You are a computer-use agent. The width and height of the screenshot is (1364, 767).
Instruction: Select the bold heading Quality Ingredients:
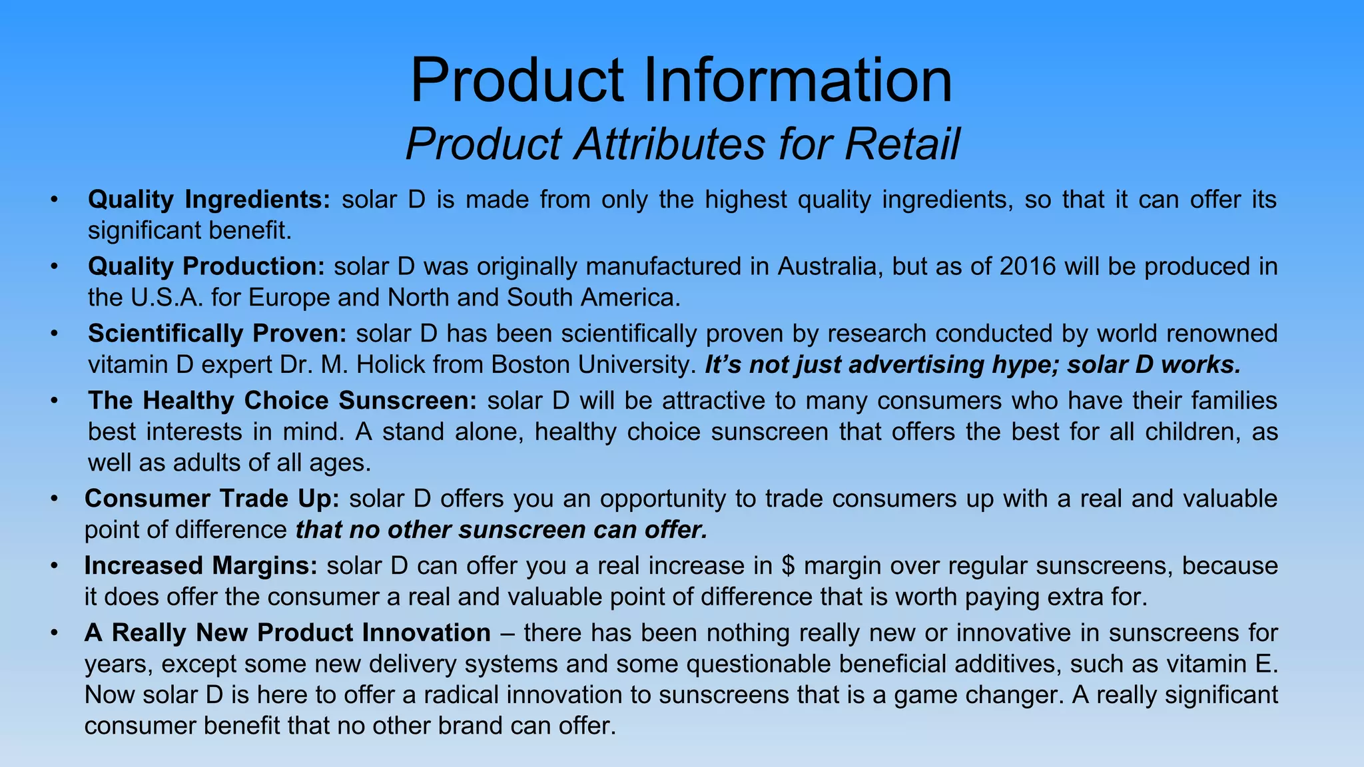tap(208, 200)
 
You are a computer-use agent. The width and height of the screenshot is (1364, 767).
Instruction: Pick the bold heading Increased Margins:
tap(200, 566)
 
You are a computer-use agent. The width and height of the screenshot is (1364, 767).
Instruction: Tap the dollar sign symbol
tap(788, 566)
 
